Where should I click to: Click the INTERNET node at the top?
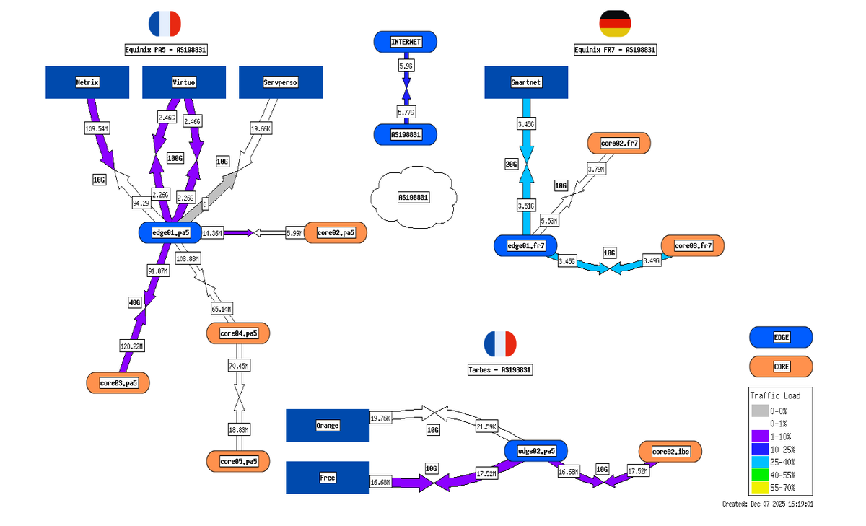[406, 42]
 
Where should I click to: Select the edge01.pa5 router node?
[170, 232]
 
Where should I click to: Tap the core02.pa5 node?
[336, 233]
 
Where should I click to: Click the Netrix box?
[87, 82]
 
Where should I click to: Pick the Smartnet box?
[525, 82]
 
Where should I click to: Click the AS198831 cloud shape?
[413, 196]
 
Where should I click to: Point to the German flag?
[615, 24]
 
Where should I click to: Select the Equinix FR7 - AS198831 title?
[615, 50]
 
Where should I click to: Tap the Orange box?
[327, 425]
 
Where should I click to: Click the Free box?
[327, 478]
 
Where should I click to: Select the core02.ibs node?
[670, 452]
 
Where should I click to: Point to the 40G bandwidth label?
[135, 303]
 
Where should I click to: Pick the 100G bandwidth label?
[175, 158]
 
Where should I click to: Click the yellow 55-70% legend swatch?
[759, 487]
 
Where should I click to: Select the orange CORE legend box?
[781, 367]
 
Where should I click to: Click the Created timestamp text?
[772, 504]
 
